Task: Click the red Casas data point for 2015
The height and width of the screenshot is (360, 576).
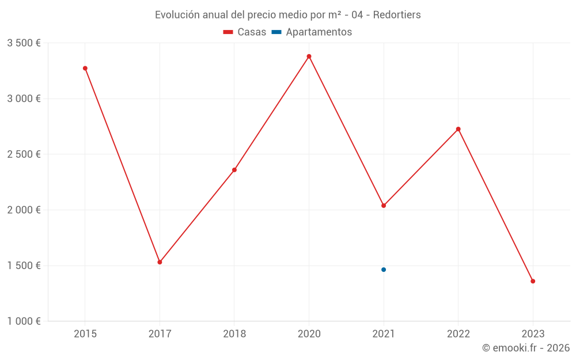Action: [x=85, y=69]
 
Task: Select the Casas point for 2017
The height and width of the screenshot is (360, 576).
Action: [x=160, y=262]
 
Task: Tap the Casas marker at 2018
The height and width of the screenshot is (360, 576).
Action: [x=234, y=170]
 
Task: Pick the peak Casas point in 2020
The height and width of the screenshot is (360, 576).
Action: [x=309, y=56]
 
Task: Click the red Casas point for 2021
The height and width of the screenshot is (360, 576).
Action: [x=384, y=206]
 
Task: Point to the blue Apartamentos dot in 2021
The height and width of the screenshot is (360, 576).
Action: [x=384, y=270]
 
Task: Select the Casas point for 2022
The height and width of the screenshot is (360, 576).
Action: [x=458, y=129]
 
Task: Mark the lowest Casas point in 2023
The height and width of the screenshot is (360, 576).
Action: [x=533, y=281]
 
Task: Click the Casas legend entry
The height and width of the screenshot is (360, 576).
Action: [x=245, y=32]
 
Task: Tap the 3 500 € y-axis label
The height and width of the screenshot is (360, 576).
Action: [x=24, y=43]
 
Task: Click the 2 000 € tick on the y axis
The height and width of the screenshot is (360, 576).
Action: [x=24, y=210]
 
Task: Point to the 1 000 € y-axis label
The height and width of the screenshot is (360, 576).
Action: [x=24, y=321]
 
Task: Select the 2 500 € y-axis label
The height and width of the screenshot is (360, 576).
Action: [x=24, y=154]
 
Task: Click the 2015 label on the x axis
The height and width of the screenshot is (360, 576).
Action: [x=85, y=334]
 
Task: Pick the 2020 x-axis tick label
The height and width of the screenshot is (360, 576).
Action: [x=309, y=334]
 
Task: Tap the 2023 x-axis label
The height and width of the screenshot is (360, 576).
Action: [x=533, y=334]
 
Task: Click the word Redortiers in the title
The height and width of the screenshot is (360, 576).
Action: [x=397, y=14]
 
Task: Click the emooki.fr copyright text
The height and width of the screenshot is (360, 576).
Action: [x=525, y=348]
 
